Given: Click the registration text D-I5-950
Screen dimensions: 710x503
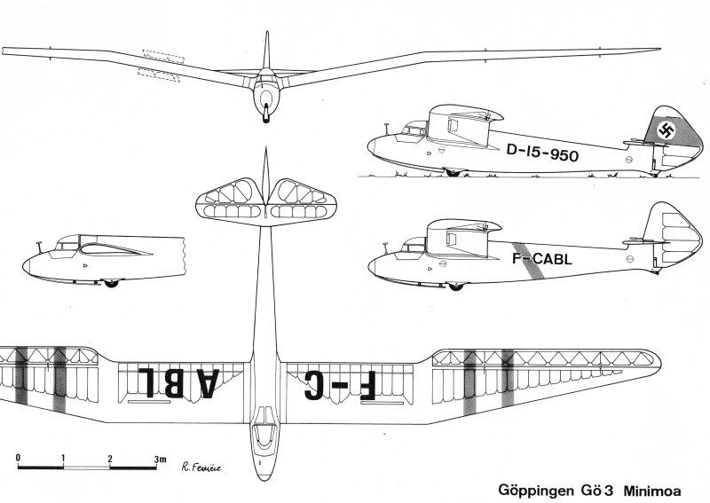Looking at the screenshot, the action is [x=542, y=153].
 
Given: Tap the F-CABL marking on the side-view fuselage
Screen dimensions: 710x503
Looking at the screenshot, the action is [x=542, y=258].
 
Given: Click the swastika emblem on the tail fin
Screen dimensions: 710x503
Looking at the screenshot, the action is [x=667, y=130].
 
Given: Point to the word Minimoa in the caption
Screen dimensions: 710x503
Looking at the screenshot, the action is [x=652, y=491].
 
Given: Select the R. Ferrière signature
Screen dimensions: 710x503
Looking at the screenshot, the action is [x=201, y=468].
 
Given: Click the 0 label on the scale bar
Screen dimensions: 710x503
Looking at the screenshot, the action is [x=18, y=458].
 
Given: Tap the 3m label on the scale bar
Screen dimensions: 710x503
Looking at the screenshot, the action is [x=160, y=459].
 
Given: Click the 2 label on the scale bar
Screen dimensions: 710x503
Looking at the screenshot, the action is [x=110, y=459].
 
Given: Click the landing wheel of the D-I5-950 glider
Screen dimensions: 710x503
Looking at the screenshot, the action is [x=453, y=172].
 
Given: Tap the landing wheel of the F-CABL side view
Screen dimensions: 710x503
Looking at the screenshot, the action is [x=455, y=287].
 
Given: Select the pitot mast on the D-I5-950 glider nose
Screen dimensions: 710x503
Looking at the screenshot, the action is [x=387, y=129].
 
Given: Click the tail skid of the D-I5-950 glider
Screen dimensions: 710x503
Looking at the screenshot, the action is [x=653, y=173].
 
